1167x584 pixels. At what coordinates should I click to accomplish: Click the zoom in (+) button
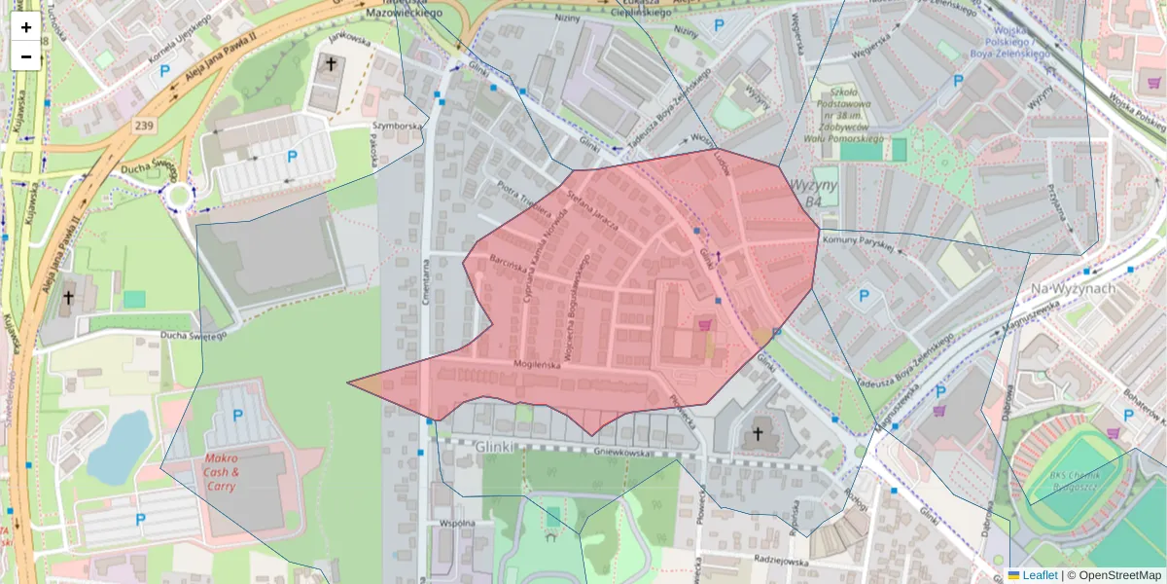26,27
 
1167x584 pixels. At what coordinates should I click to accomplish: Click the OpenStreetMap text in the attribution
1119,575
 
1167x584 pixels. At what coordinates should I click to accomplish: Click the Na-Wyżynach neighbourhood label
1071,289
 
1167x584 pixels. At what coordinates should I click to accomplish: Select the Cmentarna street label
427,283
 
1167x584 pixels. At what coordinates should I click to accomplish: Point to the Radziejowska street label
780,561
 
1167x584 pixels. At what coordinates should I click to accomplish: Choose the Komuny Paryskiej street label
857,242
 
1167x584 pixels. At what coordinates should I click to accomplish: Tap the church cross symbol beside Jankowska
331,65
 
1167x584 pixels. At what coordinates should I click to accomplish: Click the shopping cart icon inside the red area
704,324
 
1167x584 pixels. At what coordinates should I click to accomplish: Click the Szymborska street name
397,127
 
